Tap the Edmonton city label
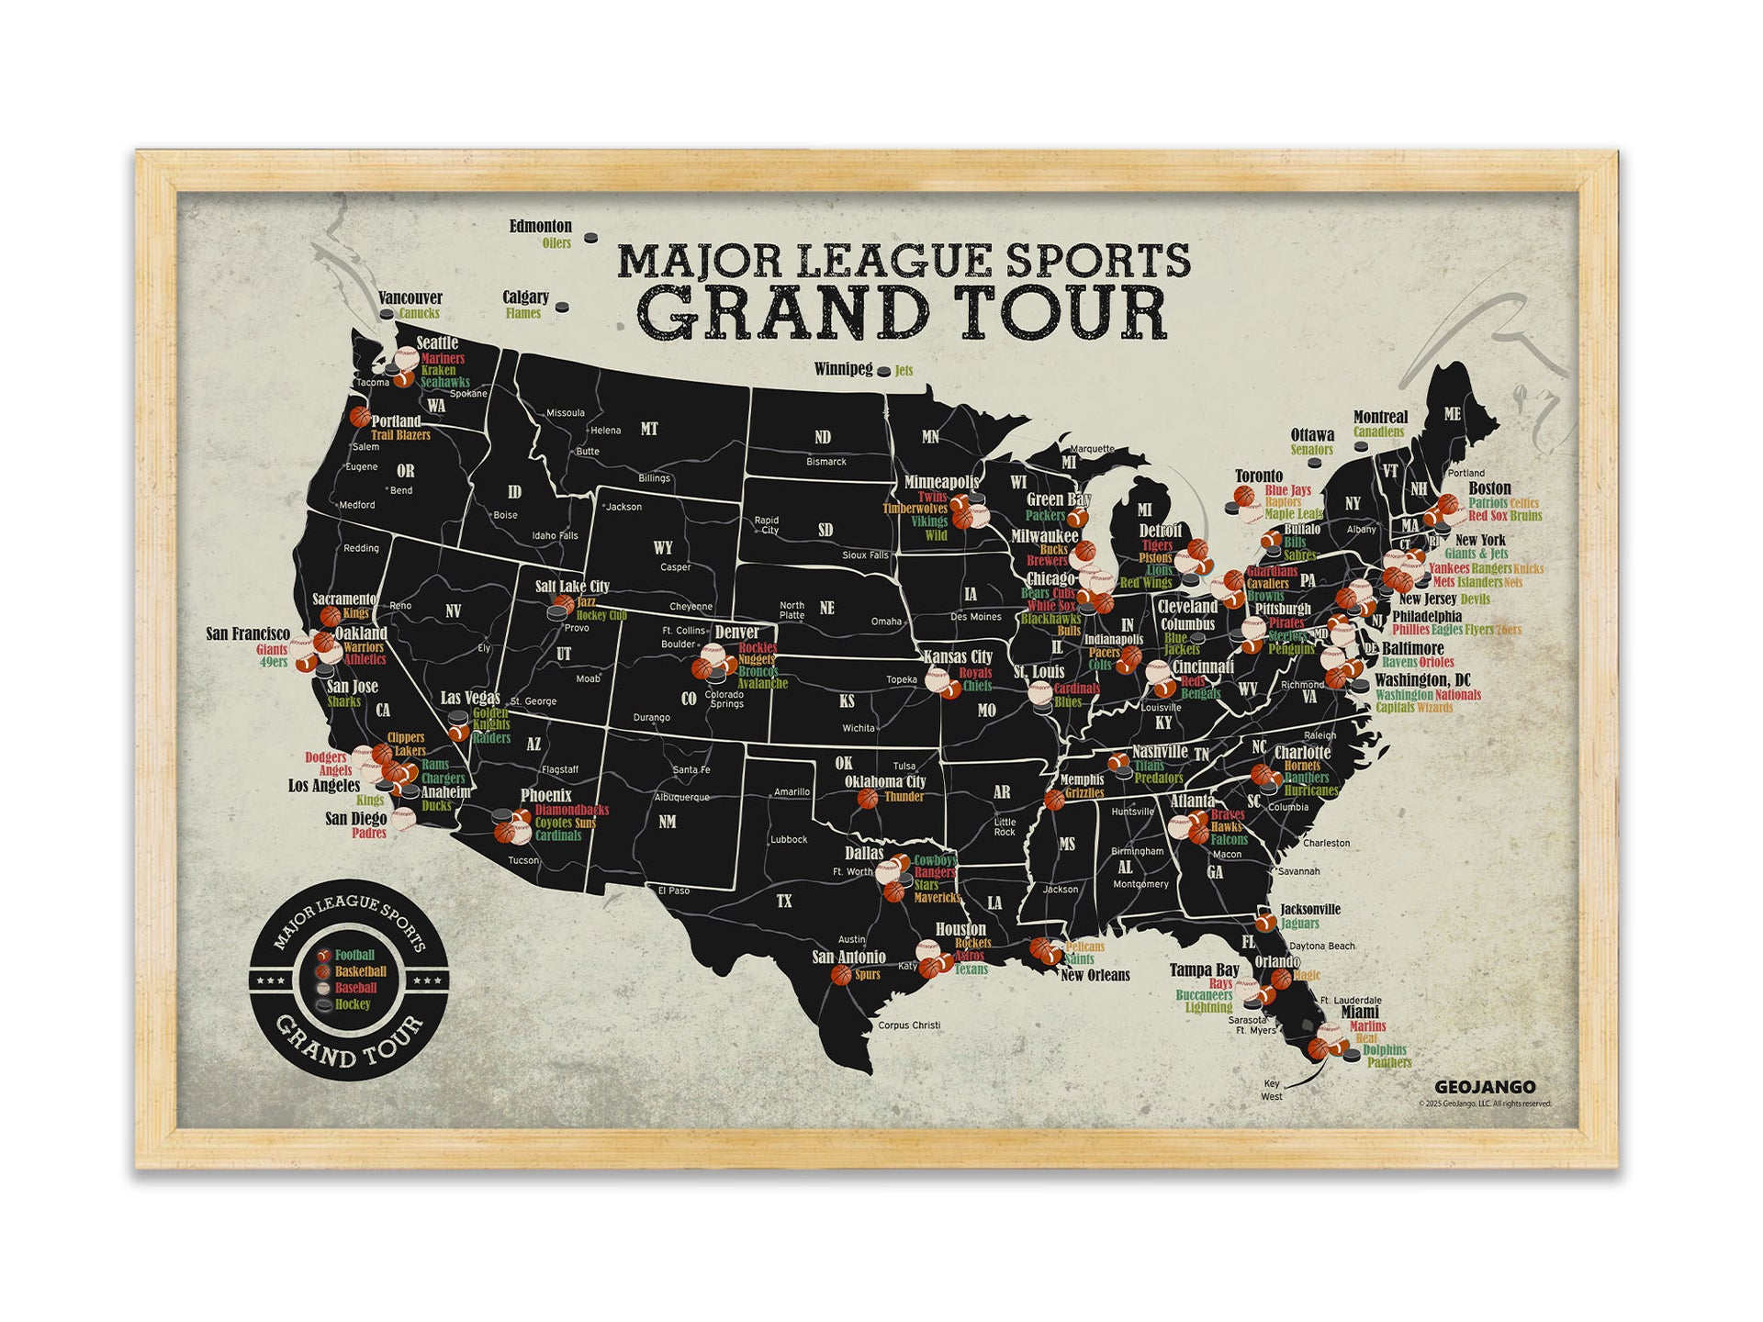click(x=541, y=226)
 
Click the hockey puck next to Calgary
click(x=563, y=308)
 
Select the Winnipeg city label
click(x=843, y=369)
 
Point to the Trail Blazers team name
click(x=400, y=435)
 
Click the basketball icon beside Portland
click(x=359, y=418)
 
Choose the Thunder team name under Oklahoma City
click(x=904, y=797)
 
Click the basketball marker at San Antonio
click(x=840, y=974)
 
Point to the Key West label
click(x=1272, y=1090)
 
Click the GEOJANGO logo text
click(x=1485, y=1087)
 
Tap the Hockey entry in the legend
click(x=353, y=1004)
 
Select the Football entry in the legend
click(x=354, y=955)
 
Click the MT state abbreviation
click(x=649, y=429)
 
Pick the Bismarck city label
click(x=825, y=462)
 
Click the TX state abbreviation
click(x=783, y=902)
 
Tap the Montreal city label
click(x=1380, y=418)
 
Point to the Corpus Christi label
click(x=909, y=1025)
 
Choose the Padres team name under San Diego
click(x=369, y=834)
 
